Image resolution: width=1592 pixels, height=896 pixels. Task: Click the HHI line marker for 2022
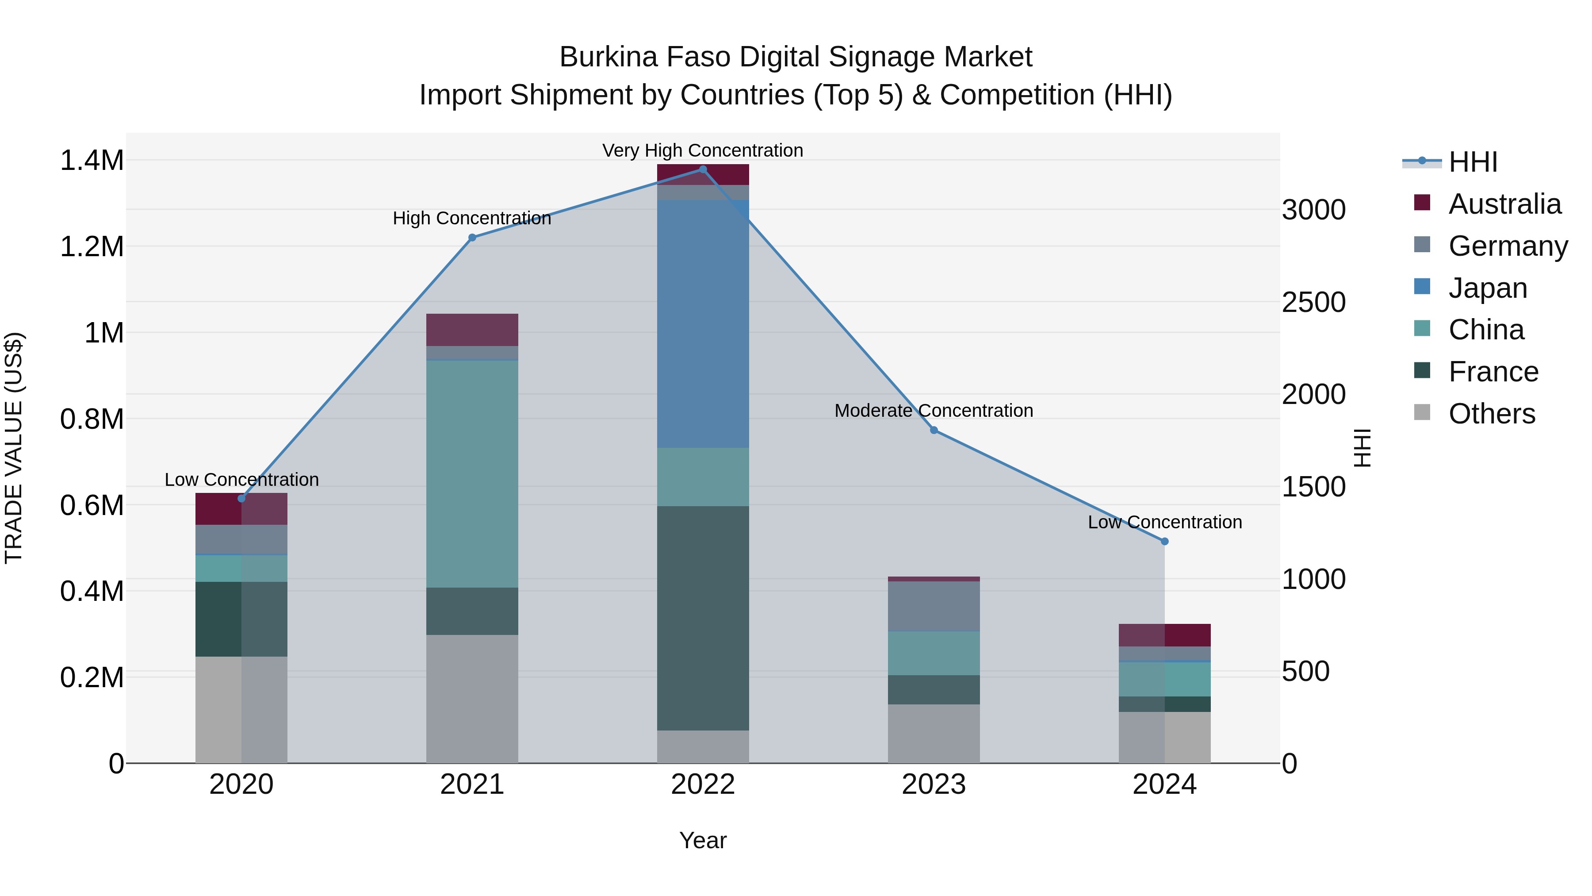tap(703, 169)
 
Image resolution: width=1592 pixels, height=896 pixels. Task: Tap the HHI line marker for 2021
tap(472, 238)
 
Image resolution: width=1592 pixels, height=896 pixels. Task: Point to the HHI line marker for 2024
tap(1164, 542)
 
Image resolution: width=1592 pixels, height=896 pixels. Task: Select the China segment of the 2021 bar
tap(472, 473)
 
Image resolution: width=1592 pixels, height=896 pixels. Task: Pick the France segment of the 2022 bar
tap(703, 619)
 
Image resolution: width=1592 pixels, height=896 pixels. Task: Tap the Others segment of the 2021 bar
tap(472, 699)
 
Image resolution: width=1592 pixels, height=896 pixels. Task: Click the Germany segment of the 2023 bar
tap(934, 606)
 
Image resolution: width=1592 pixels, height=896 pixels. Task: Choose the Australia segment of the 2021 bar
tap(472, 330)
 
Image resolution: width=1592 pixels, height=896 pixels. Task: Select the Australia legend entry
tap(1504, 204)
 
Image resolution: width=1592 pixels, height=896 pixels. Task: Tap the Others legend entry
tap(1491, 414)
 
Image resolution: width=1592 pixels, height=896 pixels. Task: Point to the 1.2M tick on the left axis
tap(92, 247)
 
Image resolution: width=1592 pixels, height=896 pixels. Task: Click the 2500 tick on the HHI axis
tap(1313, 302)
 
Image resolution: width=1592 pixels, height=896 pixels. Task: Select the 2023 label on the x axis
tap(934, 784)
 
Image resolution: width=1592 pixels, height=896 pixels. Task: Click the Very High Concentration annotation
tap(703, 150)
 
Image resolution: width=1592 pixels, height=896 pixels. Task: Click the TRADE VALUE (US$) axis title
tap(14, 448)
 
